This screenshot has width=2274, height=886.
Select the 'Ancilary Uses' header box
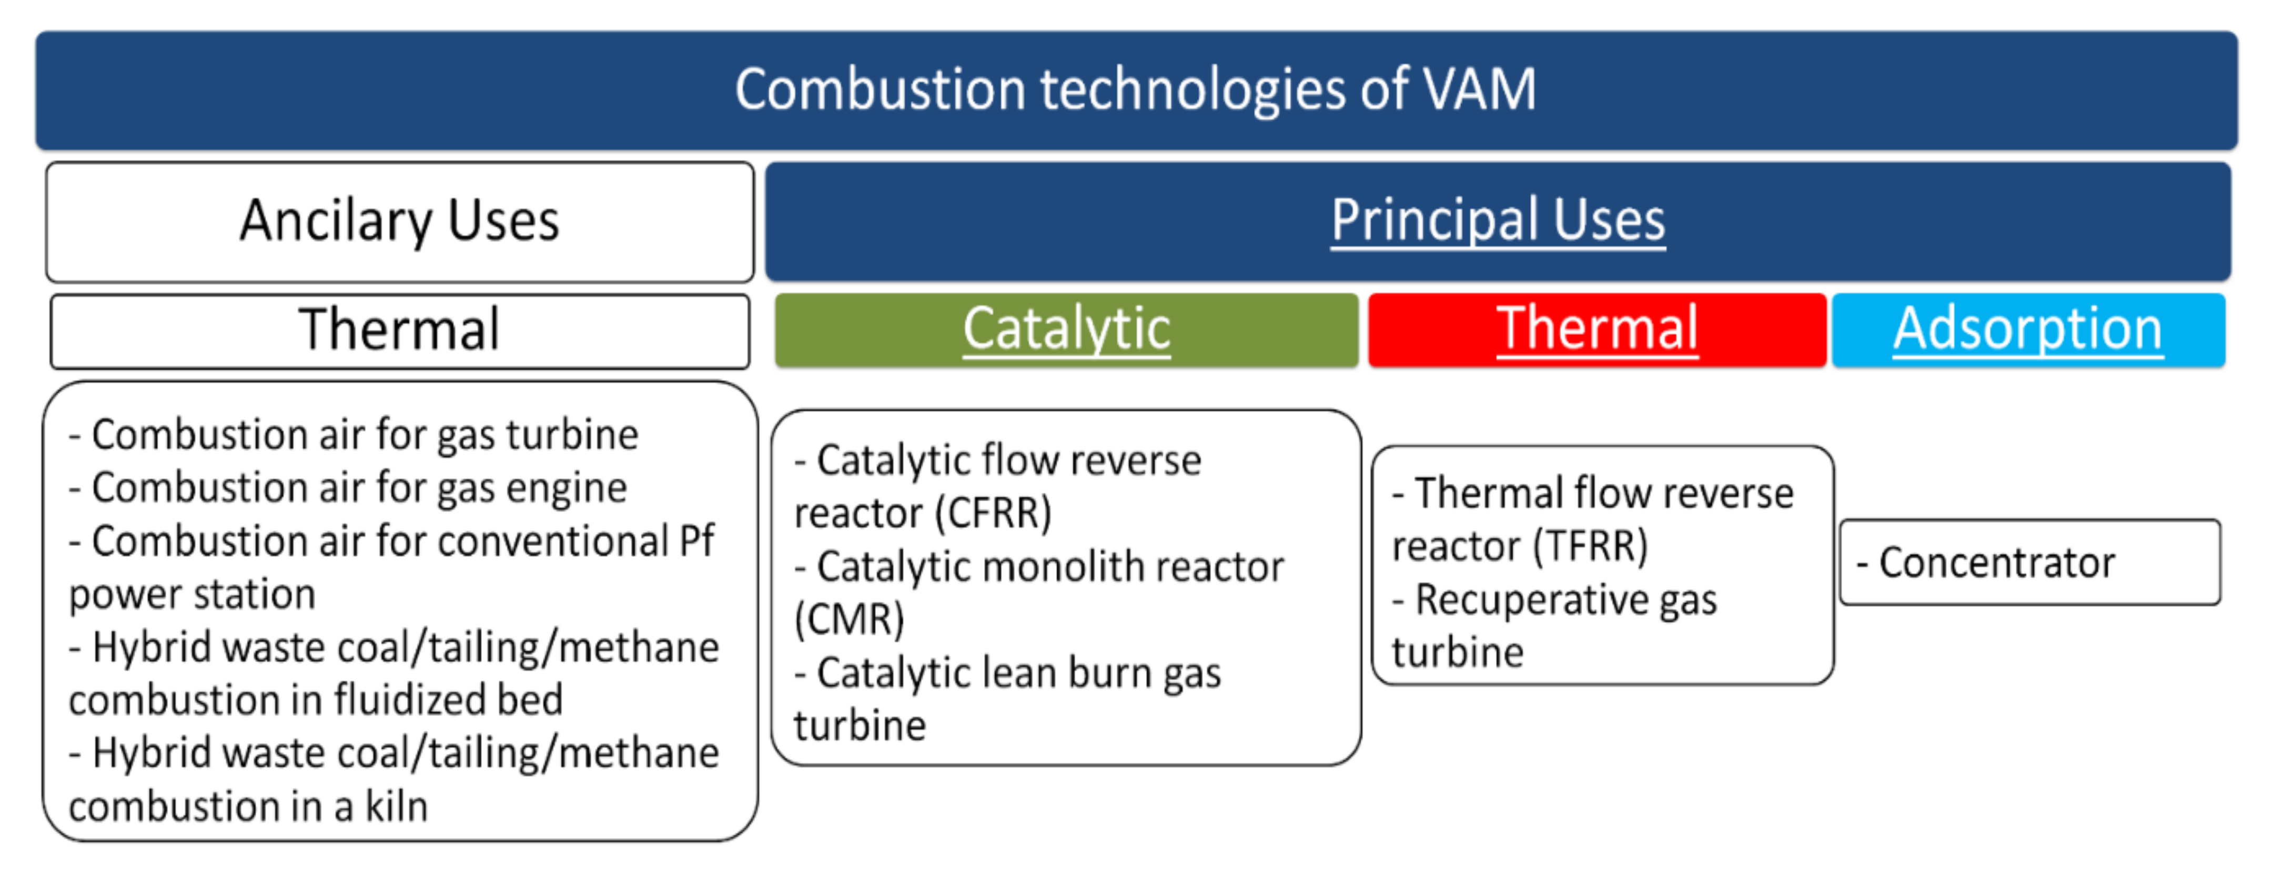[399, 221]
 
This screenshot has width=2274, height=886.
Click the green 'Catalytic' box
[1066, 330]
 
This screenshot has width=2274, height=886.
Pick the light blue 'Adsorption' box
[2028, 330]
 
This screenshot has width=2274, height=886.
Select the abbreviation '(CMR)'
[849, 619]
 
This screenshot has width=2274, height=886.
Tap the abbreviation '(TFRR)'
[1590, 546]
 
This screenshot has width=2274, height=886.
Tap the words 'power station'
[193, 594]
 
